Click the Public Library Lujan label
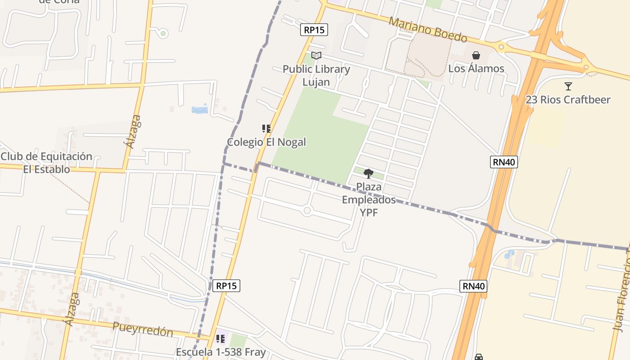click(x=316, y=76)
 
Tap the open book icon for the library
click(x=316, y=56)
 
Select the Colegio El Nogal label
click(x=266, y=142)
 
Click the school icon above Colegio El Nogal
click(x=266, y=129)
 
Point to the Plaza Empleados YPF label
click(x=369, y=199)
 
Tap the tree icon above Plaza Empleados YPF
click(x=369, y=173)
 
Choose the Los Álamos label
click(x=476, y=68)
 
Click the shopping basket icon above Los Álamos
click(x=476, y=55)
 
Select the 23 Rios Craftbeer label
click(x=568, y=99)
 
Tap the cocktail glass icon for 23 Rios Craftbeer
click(x=568, y=86)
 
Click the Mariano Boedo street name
click(x=428, y=30)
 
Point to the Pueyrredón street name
click(x=143, y=329)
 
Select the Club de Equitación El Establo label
click(x=46, y=163)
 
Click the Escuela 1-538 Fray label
click(x=220, y=352)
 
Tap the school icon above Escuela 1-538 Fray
click(x=220, y=338)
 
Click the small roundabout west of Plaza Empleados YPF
click(x=307, y=210)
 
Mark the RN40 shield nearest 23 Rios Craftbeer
click(x=504, y=162)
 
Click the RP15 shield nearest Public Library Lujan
click(x=314, y=30)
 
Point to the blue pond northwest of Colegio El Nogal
click(x=200, y=109)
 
